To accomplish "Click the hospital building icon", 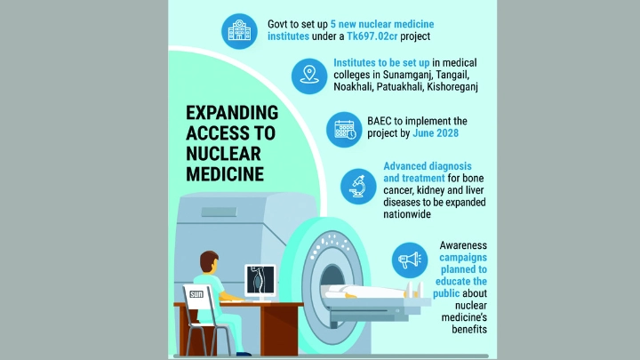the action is [x=239, y=31].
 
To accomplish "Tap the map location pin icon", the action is [x=309, y=76].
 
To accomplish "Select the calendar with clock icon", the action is [x=344, y=130].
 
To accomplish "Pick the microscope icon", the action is [x=358, y=187].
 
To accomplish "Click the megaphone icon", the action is [x=410, y=260].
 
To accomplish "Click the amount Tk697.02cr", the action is [x=372, y=36].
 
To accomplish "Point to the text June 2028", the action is [x=436, y=133].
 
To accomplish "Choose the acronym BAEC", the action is [x=380, y=121].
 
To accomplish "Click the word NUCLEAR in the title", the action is [x=223, y=154].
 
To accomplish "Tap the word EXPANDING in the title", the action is [x=232, y=113].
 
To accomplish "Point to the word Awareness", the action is [x=463, y=245].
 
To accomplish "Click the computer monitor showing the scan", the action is [x=260, y=280].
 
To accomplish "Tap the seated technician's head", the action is [x=209, y=261].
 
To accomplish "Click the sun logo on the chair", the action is [x=196, y=294].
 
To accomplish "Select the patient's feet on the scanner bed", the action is [x=414, y=290].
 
